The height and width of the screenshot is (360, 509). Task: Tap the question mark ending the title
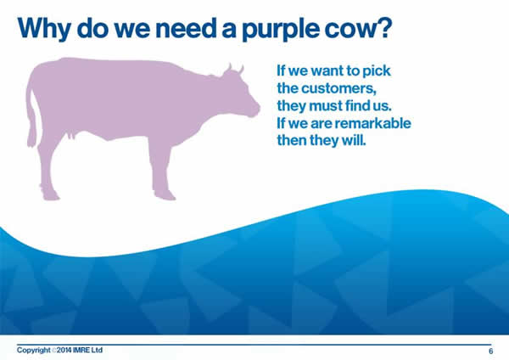pos(384,28)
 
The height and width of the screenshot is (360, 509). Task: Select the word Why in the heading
pos(44,29)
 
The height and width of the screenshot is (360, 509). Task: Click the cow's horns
pos(235,69)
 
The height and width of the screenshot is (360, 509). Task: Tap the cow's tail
pos(32,117)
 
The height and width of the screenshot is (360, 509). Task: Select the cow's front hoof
pos(165,195)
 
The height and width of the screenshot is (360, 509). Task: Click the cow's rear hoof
pos(51,196)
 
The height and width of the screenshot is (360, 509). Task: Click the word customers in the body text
pos(338,88)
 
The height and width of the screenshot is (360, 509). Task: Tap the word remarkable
pos(373,123)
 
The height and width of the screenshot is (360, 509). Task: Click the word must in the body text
pos(325,106)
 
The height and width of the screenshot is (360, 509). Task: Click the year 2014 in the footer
pos(64,351)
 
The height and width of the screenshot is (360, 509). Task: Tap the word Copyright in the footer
pos(34,351)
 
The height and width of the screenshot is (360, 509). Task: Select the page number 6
pos(491,351)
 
